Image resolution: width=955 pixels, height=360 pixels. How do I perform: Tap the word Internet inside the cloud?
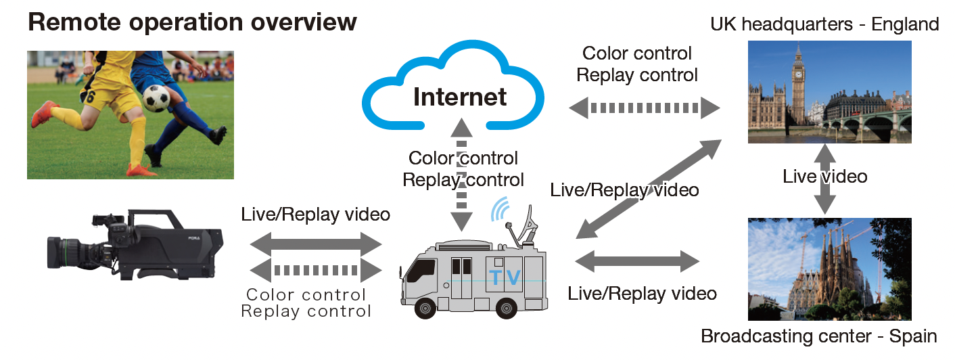coord(460,97)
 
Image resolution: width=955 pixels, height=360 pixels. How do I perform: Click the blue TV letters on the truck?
coord(506,277)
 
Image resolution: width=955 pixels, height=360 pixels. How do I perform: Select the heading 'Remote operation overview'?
coord(192,22)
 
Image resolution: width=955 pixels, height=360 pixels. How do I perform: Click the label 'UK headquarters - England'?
coord(824,25)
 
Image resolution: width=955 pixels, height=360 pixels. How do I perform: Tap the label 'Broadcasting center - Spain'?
coord(819,336)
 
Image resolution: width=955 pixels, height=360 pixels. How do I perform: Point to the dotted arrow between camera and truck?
coord(316,270)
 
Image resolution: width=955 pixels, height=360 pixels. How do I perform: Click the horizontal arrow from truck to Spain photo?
coord(636,261)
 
